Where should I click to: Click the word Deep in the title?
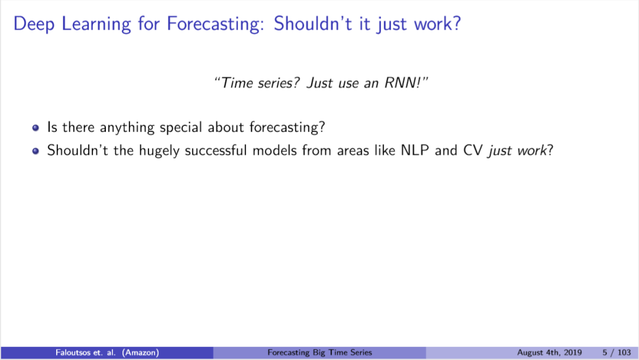34,24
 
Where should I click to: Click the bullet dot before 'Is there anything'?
35,128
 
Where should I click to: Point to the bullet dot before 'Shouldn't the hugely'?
35,151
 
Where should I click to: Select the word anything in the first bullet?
127,128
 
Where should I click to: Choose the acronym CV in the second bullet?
473,150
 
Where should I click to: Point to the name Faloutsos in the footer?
73,352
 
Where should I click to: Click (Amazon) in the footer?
140,352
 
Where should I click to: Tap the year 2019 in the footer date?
573,353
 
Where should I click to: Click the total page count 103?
624,353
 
